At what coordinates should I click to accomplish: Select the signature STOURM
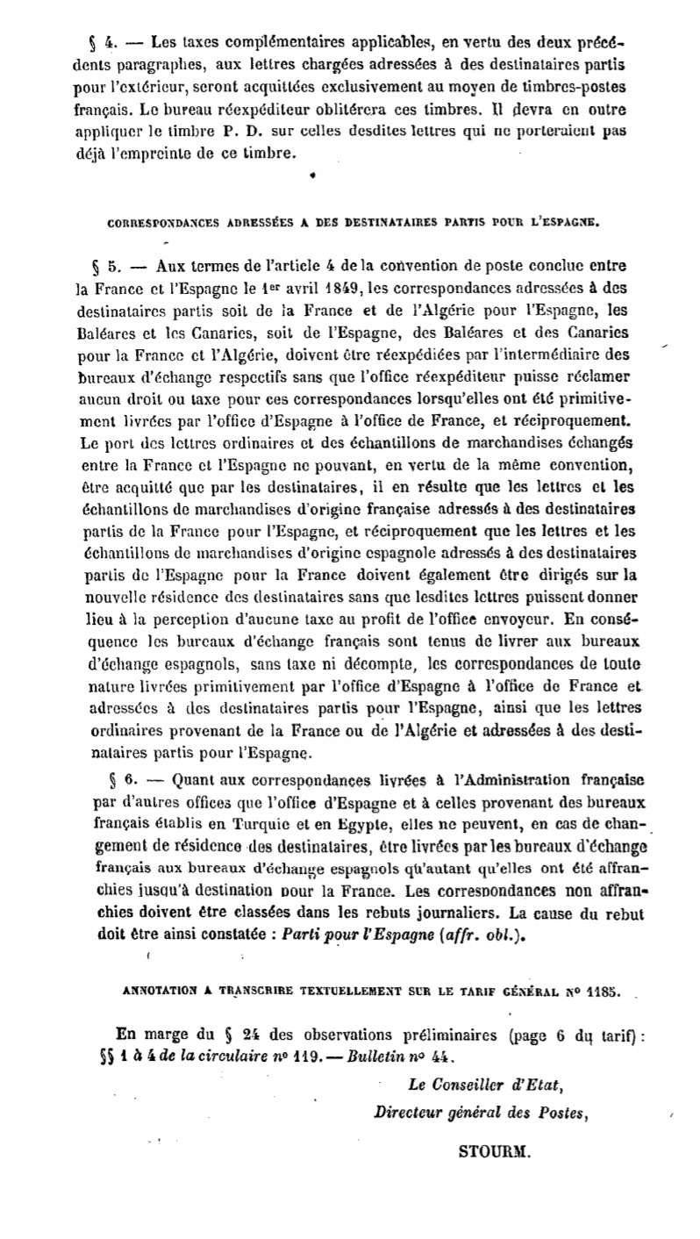point(494,1152)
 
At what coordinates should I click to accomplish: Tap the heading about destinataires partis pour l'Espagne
point(354,222)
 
